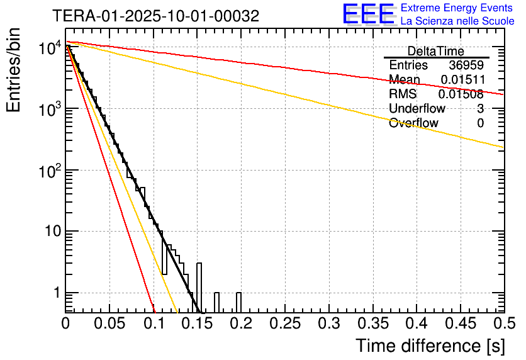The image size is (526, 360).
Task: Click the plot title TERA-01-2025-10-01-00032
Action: (x=155, y=16)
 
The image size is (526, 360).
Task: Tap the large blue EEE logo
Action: (x=368, y=14)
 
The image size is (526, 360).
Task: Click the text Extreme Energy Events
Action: (x=457, y=8)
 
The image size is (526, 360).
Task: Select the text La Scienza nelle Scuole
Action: (x=457, y=21)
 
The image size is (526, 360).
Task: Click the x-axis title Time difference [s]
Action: (x=430, y=346)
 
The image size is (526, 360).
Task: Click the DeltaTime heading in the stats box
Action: (x=435, y=51)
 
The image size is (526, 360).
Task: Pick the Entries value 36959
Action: (x=466, y=65)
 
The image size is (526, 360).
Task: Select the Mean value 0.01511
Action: (x=462, y=80)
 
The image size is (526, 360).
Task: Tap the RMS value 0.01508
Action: (x=462, y=94)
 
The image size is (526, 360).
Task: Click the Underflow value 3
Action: (x=480, y=109)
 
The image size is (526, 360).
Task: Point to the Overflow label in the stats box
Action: (x=413, y=123)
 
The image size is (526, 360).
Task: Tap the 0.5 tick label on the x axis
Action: (x=503, y=324)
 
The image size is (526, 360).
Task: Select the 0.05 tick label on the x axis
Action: (x=109, y=324)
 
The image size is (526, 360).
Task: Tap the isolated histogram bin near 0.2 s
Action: (x=238, y=302)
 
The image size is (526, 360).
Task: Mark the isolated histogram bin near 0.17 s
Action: (x=216, y=302)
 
